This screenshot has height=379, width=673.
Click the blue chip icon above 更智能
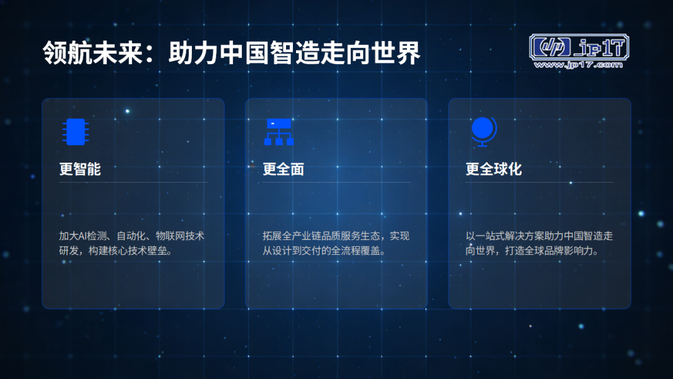[x=75, y=132]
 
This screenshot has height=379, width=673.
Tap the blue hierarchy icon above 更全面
[x=279, y=132]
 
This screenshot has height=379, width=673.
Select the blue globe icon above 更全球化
[x=484, y=132]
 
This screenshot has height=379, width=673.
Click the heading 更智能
[x=80, y=169]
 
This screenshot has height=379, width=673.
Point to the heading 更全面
[x=284, y=169]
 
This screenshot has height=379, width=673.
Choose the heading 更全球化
[x=494, y=169]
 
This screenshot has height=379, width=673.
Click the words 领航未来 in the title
[x=93, y=53]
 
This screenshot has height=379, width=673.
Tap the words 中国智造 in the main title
[x=269, y=53]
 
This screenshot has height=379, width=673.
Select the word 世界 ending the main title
[x=395, y=53]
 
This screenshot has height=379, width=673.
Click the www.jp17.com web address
[x=578, y=65]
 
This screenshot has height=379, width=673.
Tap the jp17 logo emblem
[x=579, y=47]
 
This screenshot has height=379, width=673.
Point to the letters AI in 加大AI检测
[x=82, y=236]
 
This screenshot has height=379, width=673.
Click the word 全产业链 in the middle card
[x=292, y=236]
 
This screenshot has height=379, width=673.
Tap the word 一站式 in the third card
[x=490, y=236]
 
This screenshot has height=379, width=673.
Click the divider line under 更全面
[x=336, y=183]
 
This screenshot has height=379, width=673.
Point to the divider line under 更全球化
[x=540, y=183]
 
